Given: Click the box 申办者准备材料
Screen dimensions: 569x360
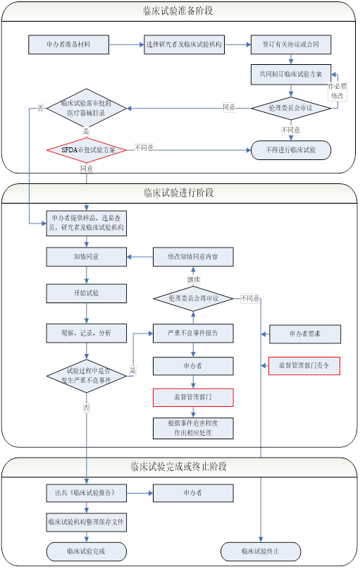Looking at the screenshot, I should point(68,44).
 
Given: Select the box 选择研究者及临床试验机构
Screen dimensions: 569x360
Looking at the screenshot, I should point(183,44).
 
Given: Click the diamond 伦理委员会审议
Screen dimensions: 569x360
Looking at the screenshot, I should point(291,108).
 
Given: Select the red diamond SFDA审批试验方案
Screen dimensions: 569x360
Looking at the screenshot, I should point(87,149).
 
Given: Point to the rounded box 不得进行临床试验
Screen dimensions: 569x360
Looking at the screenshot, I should point(291,150).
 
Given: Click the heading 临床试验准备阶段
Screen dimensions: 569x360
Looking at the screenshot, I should point(179,11).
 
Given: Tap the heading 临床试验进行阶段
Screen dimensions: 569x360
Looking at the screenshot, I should point(179,193).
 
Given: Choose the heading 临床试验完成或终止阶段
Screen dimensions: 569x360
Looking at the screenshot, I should point(179,467).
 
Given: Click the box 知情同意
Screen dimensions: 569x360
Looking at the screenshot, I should point(86,257).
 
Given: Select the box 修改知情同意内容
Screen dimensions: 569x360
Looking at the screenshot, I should point(193,257).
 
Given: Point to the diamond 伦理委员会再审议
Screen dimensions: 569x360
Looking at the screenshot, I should point(193,298).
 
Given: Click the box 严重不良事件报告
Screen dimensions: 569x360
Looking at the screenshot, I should point(193,333).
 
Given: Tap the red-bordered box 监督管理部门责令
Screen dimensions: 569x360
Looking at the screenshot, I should point(304,365).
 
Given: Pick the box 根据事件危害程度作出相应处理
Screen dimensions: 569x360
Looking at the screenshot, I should point(193,427).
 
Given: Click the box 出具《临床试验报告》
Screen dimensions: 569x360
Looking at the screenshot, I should point(86,492).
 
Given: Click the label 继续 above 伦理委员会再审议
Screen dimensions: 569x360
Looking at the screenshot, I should point(193,279).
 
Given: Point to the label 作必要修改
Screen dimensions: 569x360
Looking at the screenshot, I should point(338,90).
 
